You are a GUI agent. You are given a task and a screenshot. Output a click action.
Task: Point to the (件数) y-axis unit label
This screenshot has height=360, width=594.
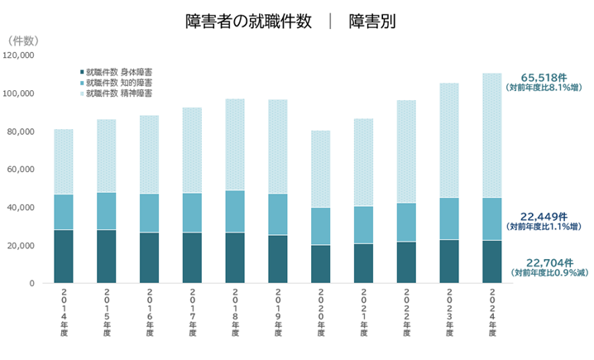coord(24,40)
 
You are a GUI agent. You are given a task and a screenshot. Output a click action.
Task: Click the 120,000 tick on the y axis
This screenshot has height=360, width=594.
coord(18,55)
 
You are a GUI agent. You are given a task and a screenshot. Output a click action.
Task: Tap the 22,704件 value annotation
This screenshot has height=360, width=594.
coord(548,262)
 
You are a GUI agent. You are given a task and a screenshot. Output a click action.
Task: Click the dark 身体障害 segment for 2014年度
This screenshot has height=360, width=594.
coord(63,257)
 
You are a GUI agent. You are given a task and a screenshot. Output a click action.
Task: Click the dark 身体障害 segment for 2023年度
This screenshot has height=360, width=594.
coord(448,262)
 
